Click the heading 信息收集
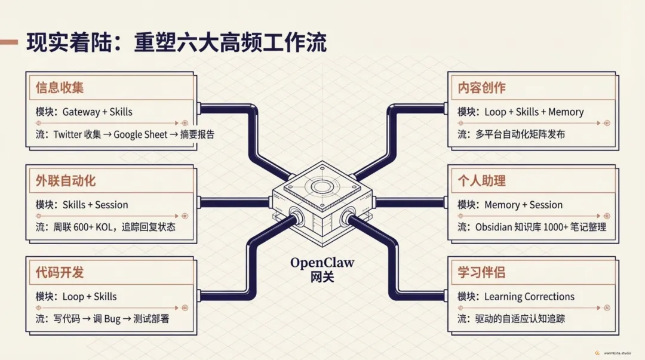[x=60, y=88]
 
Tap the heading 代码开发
[x=60, y=273]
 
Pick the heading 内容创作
[x=481, y=88]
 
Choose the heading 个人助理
[x=481, y=180]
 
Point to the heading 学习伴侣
[x=481, y=273]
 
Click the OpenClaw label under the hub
[x=322, y=263]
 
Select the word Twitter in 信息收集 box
[x=68, y=134]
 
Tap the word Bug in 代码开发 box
[x=112, y=319]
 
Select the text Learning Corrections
[x=529, y=297]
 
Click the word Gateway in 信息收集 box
[x=82, y=112]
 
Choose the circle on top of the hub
[x=322, y=186]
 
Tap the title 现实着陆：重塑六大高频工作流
[x=177, y=43]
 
